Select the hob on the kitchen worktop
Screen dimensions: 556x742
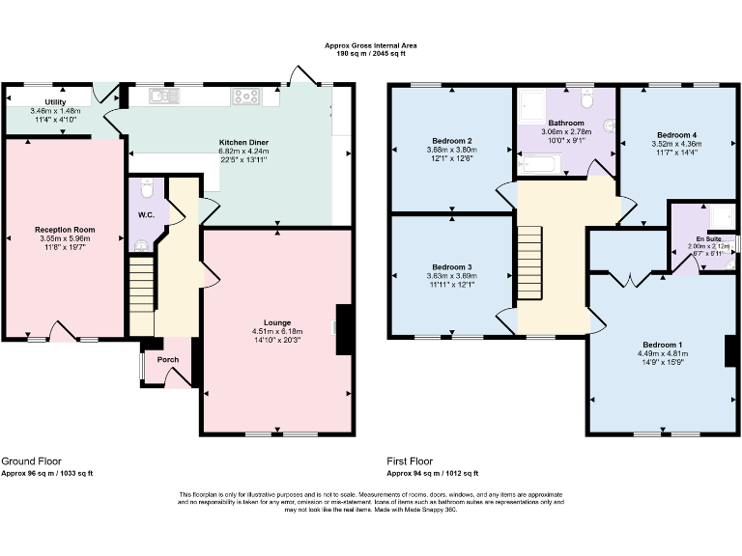tap(244, 96)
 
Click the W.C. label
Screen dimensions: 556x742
tap(147, 214)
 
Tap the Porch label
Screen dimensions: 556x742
tap(168, 360)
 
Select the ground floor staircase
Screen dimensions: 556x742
tap(141, 284)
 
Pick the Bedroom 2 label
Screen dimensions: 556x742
tap(451, 141)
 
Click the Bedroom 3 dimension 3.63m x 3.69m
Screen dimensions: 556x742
tap(451, 276)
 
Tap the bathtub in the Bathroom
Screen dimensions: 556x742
tap(541, 167)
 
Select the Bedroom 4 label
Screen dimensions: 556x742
tap(676, 135)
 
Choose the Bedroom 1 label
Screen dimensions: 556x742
tap(663, 345)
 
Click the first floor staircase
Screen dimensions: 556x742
tap(528, 264)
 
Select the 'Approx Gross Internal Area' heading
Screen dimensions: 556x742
tap(371, 45)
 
